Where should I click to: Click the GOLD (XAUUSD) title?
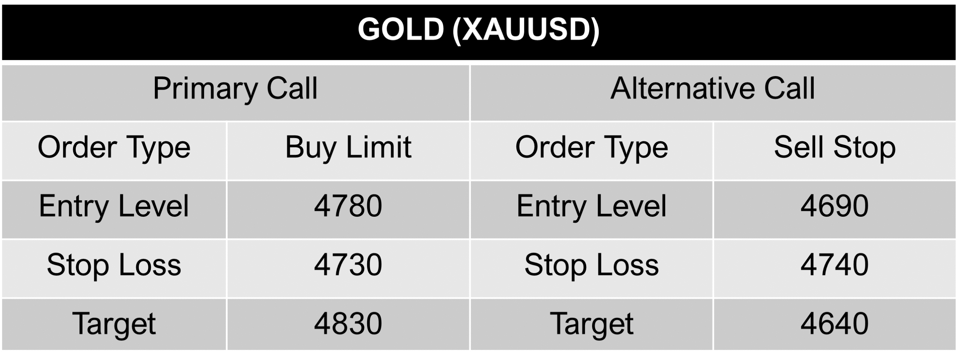click(479, 30)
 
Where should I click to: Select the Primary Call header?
click(235, 89)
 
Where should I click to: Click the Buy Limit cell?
click(348, 148)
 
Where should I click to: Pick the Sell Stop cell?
click(835, 148)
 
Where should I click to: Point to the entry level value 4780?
click(348, 206)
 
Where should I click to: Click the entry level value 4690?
click(835, 206)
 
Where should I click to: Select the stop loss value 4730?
click(348, 265)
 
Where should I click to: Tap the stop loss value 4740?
click(835, 265)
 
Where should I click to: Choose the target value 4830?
click(348, 324)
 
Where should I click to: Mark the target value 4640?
click(835, 324)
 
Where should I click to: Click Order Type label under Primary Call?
click(114, 148)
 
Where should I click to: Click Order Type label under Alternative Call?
click(592, 148)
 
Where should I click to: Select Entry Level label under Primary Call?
click(114, 206)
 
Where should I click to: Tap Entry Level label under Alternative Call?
click(592, 206)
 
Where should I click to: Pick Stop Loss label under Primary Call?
click(114, 265)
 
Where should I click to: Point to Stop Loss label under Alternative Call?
click(592, 265)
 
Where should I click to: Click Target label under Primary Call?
click(114, 324)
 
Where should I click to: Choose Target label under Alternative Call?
click(592, 324)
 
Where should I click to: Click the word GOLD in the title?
click(400, 30)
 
